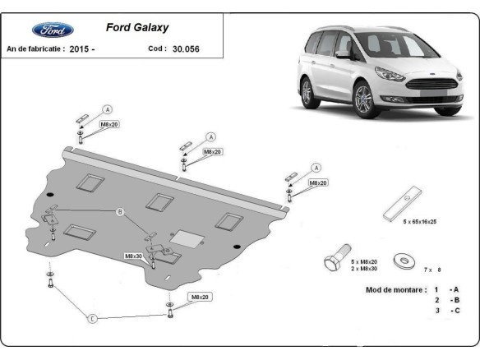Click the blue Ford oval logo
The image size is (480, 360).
53,30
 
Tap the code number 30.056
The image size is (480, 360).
186,49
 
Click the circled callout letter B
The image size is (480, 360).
119,213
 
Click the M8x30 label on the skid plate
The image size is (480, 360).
134,256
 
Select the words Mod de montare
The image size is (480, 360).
395,290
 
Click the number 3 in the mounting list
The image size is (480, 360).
437,311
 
